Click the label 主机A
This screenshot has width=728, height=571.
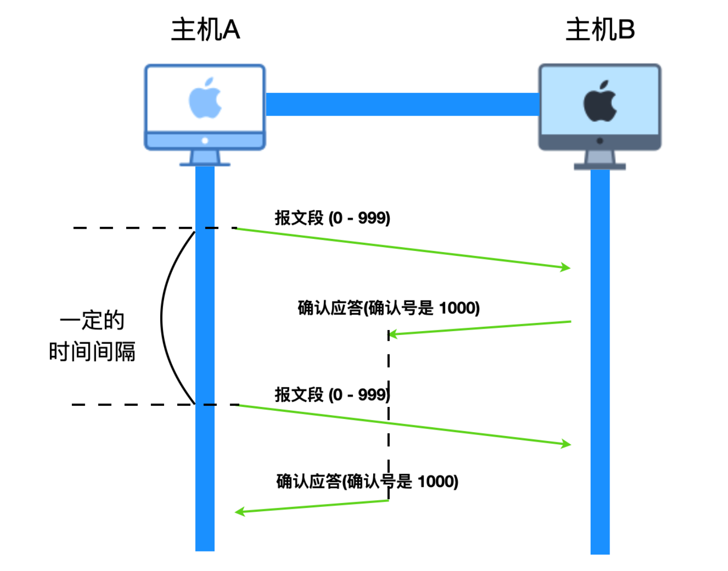click(205, 30)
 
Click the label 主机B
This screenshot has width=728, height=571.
click(600, 30)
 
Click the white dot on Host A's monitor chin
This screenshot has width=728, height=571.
click(205, 140)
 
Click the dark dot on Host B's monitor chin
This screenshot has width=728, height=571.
click(600, 141)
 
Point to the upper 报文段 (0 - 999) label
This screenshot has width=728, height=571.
click(332, 218)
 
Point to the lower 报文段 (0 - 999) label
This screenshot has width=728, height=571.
click(332, 394)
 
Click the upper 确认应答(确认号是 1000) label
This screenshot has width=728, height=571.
click(389, 308)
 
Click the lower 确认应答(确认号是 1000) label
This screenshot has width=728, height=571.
click(367, 481)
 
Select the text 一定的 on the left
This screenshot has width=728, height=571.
click(92, 320)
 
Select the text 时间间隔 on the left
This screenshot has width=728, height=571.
click(92, 351)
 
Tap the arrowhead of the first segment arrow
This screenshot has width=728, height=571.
click(565, 267)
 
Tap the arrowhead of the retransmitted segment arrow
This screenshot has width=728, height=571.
click(566, 443)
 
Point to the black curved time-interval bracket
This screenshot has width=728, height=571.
click(162, 318)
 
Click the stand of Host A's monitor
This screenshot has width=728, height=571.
click(205, 158)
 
